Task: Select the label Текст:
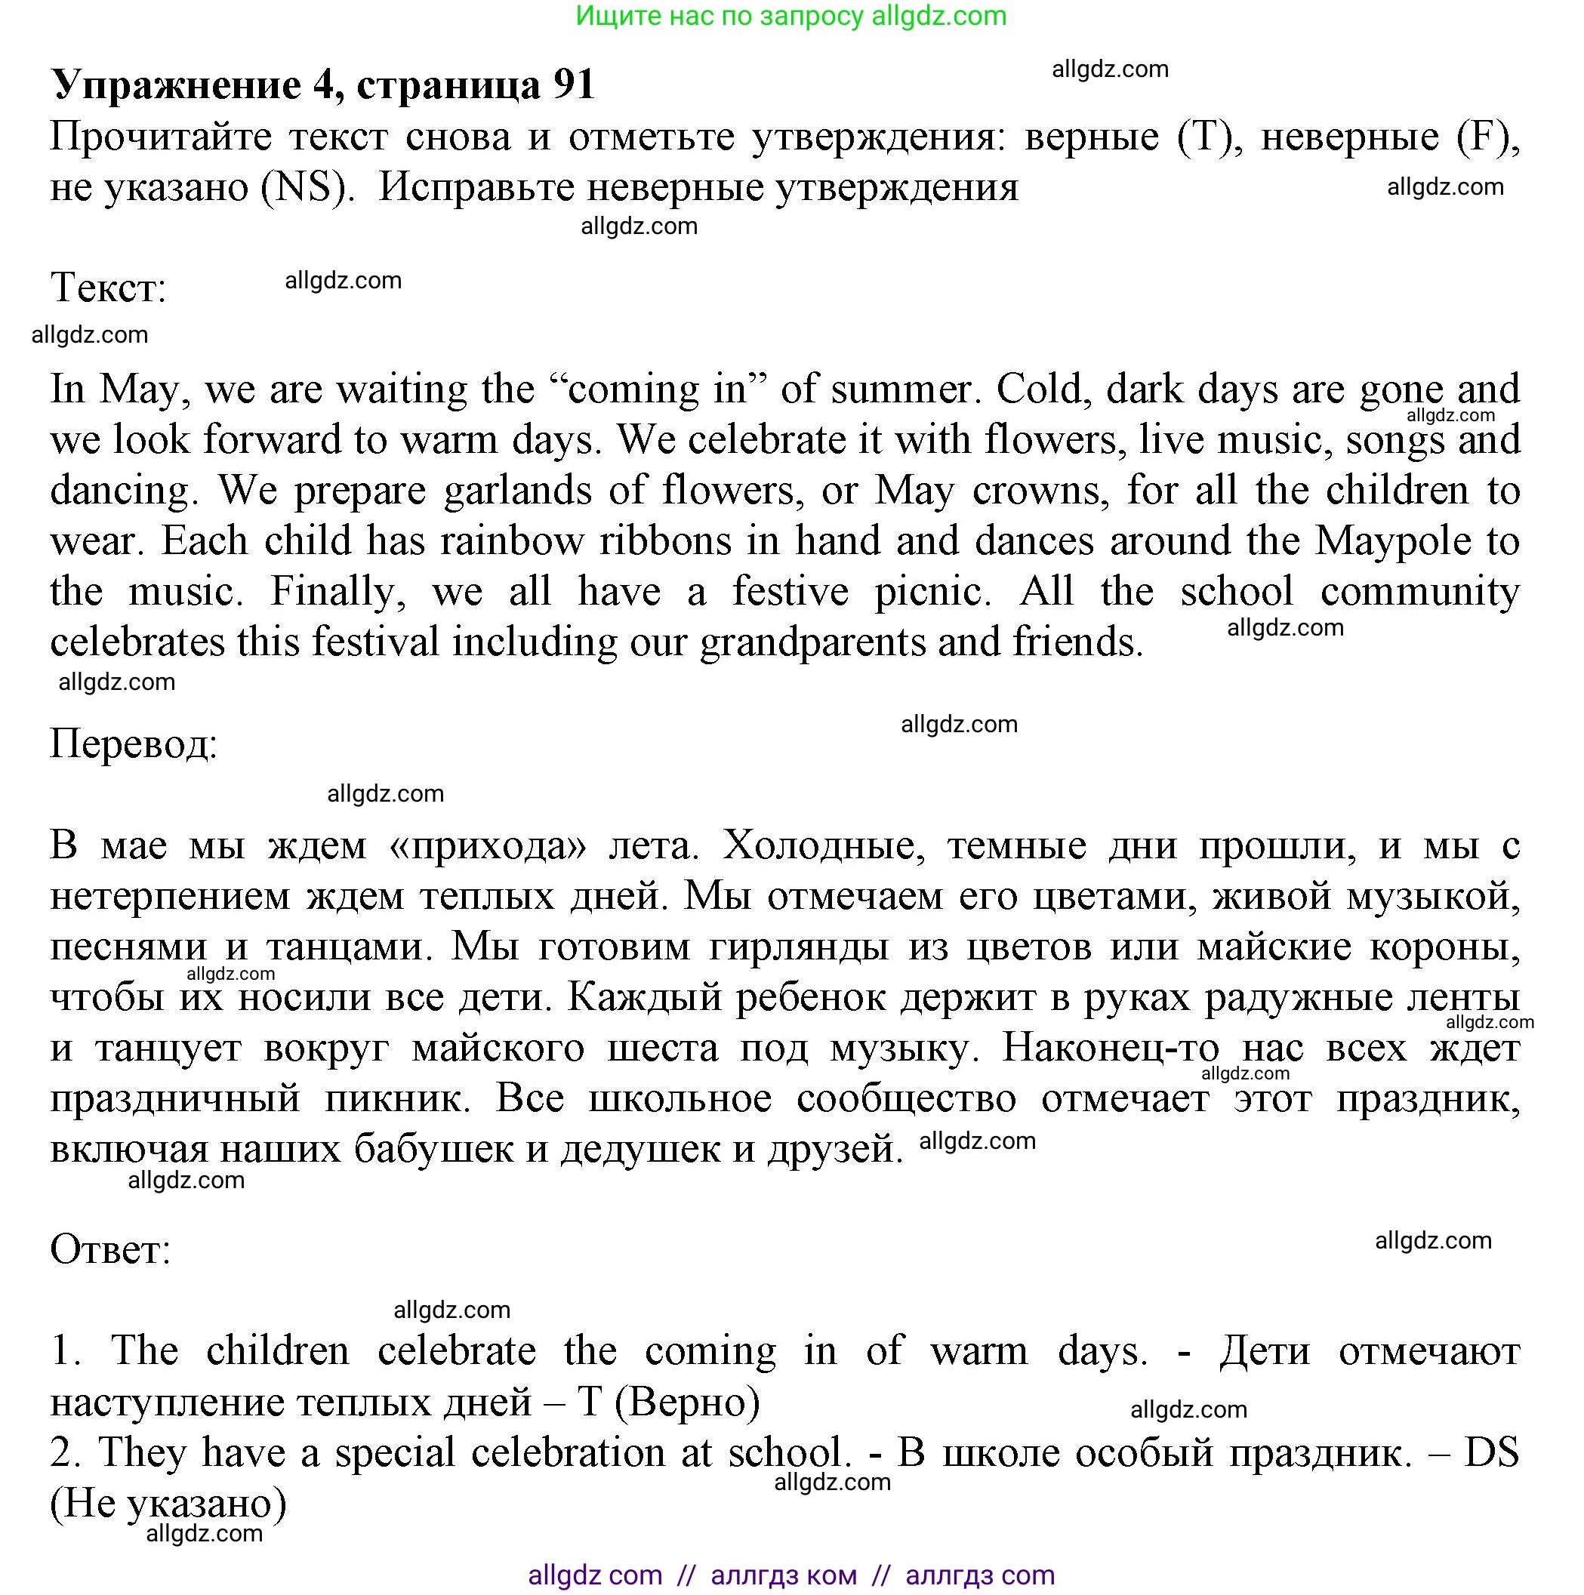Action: click(108, 288)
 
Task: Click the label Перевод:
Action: click(134, 744)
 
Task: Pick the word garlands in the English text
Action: click(517, 491)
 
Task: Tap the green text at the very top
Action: click(790, 16)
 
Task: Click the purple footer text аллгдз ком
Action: click(783, 1575)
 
